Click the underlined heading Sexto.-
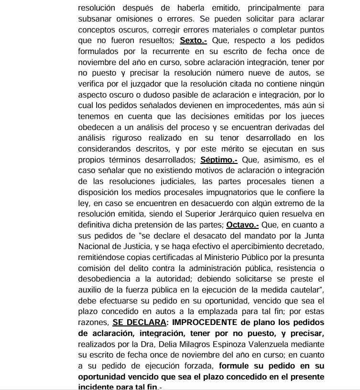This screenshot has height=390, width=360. click(194, 40)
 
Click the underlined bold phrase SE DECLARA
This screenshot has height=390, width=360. click(139, 322)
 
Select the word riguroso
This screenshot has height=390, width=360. click(121, 138)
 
